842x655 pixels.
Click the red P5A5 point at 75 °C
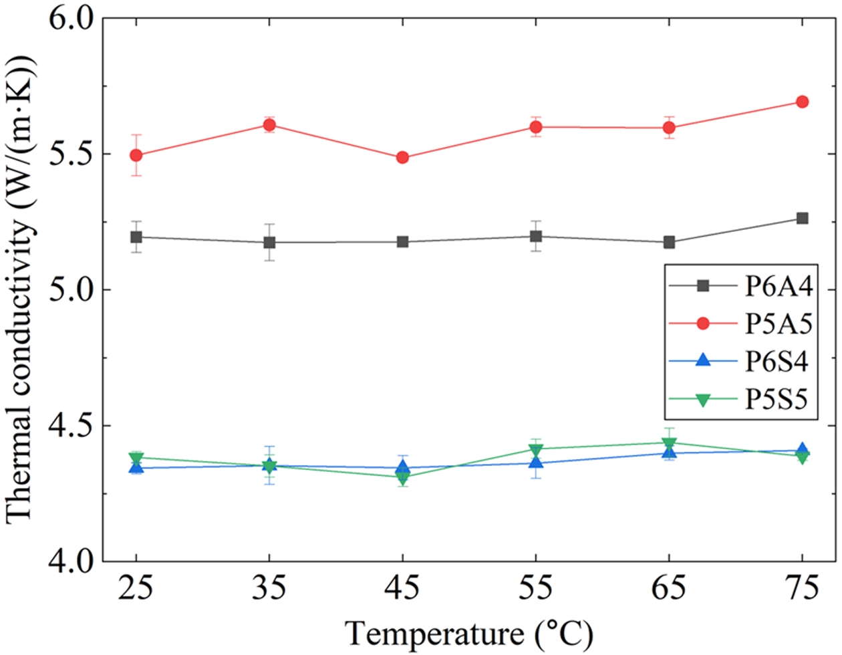tap(802, 102)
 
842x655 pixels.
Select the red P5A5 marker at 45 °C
tap(402, 158)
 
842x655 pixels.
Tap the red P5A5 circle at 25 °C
tap(136, 155)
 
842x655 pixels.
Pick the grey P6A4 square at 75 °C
tap(802, 219)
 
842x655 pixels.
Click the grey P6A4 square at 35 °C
tap(269, 242)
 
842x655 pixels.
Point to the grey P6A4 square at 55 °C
tap(535, 236)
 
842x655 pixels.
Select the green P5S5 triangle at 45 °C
tap(402, 477)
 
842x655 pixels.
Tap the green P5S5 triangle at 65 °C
tap(669, 443)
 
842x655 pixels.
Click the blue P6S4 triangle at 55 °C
tap(535, 463)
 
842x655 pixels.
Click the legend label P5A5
tap(778, 324)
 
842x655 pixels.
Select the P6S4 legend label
tap(778, 362)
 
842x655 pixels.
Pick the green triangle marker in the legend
tap(702, 400)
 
